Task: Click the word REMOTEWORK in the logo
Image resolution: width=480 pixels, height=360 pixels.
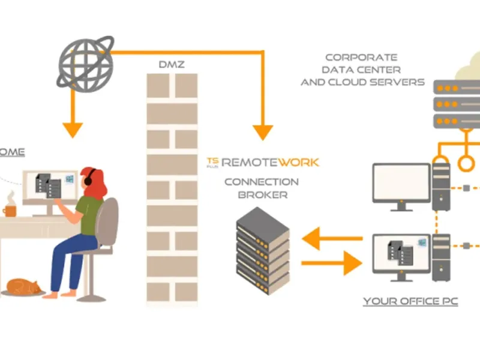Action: point(270,161)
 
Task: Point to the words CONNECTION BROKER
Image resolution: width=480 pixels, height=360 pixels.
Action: point(261,188)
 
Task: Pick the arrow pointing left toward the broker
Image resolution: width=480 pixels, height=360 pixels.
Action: point(331,239)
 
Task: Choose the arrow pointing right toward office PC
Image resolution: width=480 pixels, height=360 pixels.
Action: point(331,263)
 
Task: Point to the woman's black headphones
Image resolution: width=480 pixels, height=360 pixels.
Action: point(88,178)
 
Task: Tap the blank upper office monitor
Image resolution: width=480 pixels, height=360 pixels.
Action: point(401,183)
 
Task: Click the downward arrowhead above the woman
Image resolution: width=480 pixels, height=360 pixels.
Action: point(73,128)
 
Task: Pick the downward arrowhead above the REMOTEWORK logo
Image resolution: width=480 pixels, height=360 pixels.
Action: point(262,131)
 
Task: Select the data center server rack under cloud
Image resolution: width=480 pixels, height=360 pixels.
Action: point(456,105)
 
